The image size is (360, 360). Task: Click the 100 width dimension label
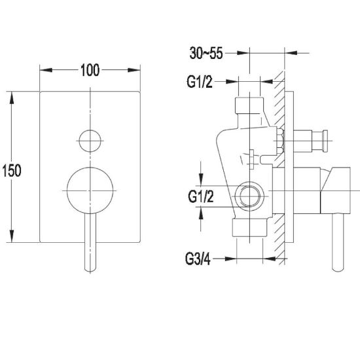point(90,70)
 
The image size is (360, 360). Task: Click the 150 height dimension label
point(12,170)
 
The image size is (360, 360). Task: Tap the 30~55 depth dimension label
point(206,53)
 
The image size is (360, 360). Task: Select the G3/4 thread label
point(198,259)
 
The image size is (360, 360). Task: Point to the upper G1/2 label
point(200,82)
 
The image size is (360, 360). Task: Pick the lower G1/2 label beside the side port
point(201,196)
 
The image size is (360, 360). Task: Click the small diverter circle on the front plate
point(90,141)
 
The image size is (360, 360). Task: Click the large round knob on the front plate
point(90,190)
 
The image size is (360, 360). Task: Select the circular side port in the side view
point(249,196)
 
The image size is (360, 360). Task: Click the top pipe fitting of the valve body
point(249,105)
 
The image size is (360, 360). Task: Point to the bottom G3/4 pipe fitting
point(250,228)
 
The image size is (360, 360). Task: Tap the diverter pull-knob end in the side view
point(325,141)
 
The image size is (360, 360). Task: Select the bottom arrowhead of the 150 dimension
point(12,236)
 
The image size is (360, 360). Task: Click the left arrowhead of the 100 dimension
point(46,70)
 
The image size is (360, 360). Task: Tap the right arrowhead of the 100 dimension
point(134,70)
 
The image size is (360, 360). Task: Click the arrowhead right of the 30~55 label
point(291,53)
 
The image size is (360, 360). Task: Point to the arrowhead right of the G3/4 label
point(269,259)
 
